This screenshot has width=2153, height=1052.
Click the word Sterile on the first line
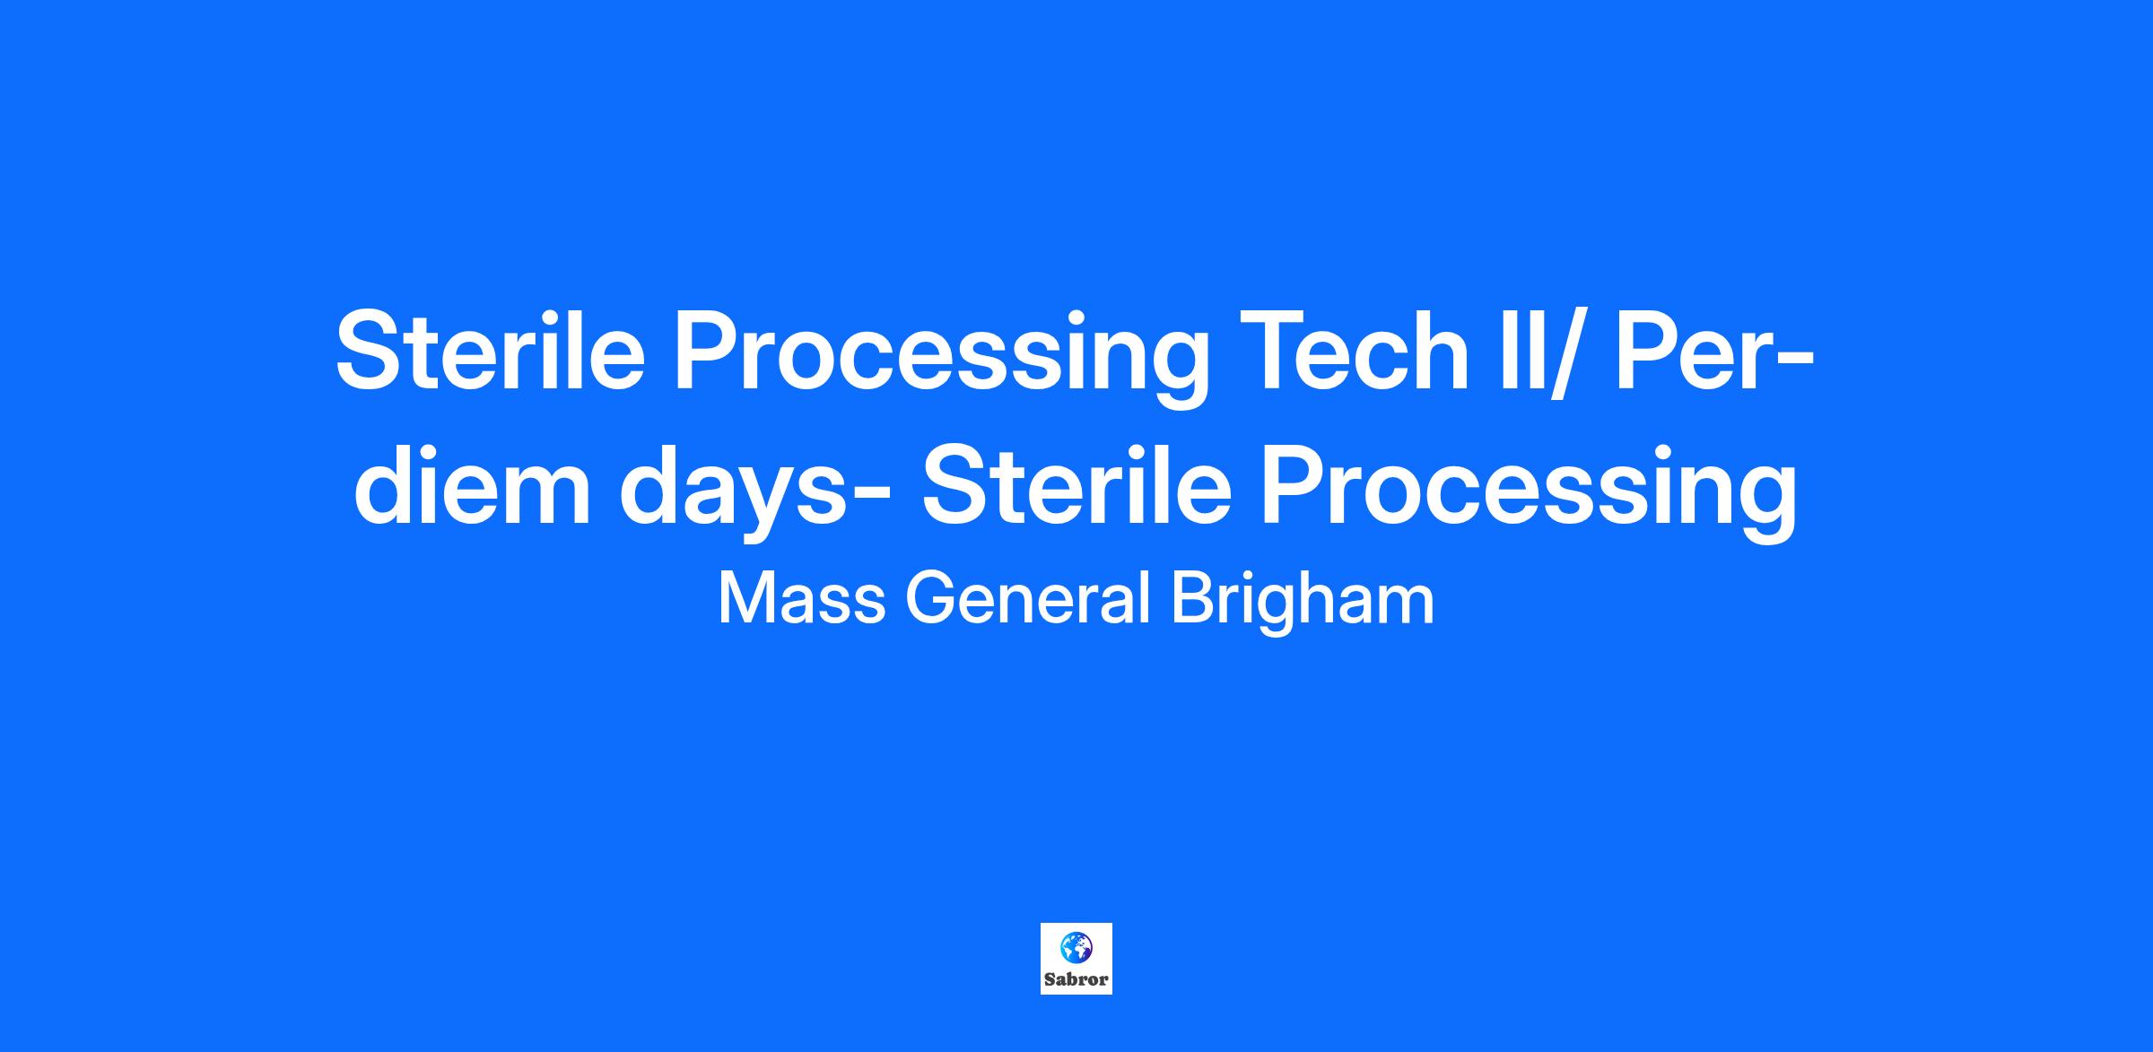pos(491,351)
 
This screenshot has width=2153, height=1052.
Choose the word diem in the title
pos(472,485)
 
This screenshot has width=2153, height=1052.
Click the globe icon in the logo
pos(1076,946)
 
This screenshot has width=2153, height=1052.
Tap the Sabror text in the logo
pos(1076,979)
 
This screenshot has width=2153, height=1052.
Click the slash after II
pos(1560,352)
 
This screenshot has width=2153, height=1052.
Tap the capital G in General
pos(930,598)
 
